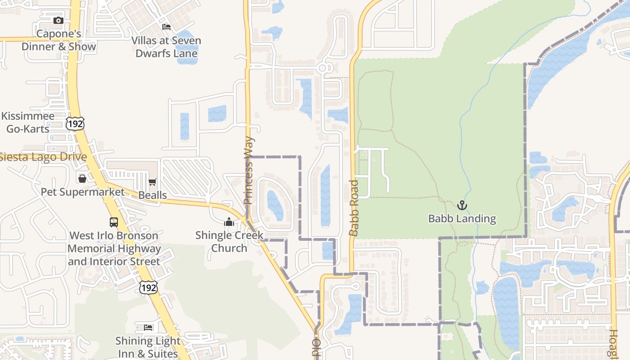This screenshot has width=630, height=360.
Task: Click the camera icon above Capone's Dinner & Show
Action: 58,20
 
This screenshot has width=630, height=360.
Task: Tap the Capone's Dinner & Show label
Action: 58,40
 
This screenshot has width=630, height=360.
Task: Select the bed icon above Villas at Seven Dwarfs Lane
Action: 166,27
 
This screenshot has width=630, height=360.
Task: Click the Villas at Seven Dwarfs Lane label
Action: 166,47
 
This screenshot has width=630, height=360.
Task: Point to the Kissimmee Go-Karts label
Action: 27,122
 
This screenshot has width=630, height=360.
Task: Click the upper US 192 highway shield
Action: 75,124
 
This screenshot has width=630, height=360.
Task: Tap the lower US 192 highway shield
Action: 148,288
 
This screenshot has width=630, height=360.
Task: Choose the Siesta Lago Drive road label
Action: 43,157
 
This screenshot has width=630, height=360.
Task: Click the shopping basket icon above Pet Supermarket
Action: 82,179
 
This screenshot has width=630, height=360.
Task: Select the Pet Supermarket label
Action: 83,192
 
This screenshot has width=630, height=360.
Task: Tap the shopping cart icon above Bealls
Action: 153,182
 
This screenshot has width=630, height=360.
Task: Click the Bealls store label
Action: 153,195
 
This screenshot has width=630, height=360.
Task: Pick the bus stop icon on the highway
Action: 114,222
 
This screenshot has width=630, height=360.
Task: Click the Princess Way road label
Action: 249,171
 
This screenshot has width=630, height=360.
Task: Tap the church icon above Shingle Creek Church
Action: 229,222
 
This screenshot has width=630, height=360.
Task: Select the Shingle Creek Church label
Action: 229,242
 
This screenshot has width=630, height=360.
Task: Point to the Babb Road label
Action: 354,208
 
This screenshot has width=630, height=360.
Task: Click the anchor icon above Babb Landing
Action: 462,206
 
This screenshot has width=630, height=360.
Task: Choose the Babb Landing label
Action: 462,219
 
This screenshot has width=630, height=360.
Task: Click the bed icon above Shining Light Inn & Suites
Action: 148,327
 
